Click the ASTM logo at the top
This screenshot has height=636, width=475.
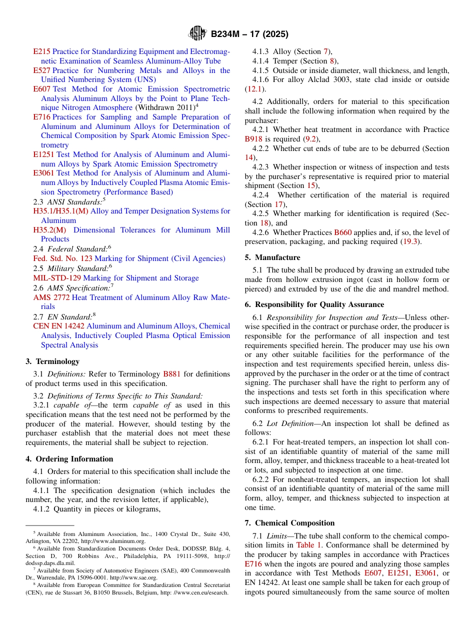click(197, 34)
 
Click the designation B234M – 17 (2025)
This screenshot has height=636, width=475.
click(249, 34)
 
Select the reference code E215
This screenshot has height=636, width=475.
click(41, 51)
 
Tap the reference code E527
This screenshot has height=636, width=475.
click(41, 70)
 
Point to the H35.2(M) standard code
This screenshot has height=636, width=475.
click(49, 230)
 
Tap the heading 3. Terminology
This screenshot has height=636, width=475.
click(52, 361)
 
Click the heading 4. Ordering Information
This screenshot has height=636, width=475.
click(69, 458)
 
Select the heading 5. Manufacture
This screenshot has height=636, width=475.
click(272, 257)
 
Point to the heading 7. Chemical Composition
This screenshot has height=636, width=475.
click(289, 523)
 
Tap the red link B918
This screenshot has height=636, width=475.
click(253, 139)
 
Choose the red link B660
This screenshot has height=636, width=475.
click(343, 232)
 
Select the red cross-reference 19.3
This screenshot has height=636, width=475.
click(412, 242)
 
